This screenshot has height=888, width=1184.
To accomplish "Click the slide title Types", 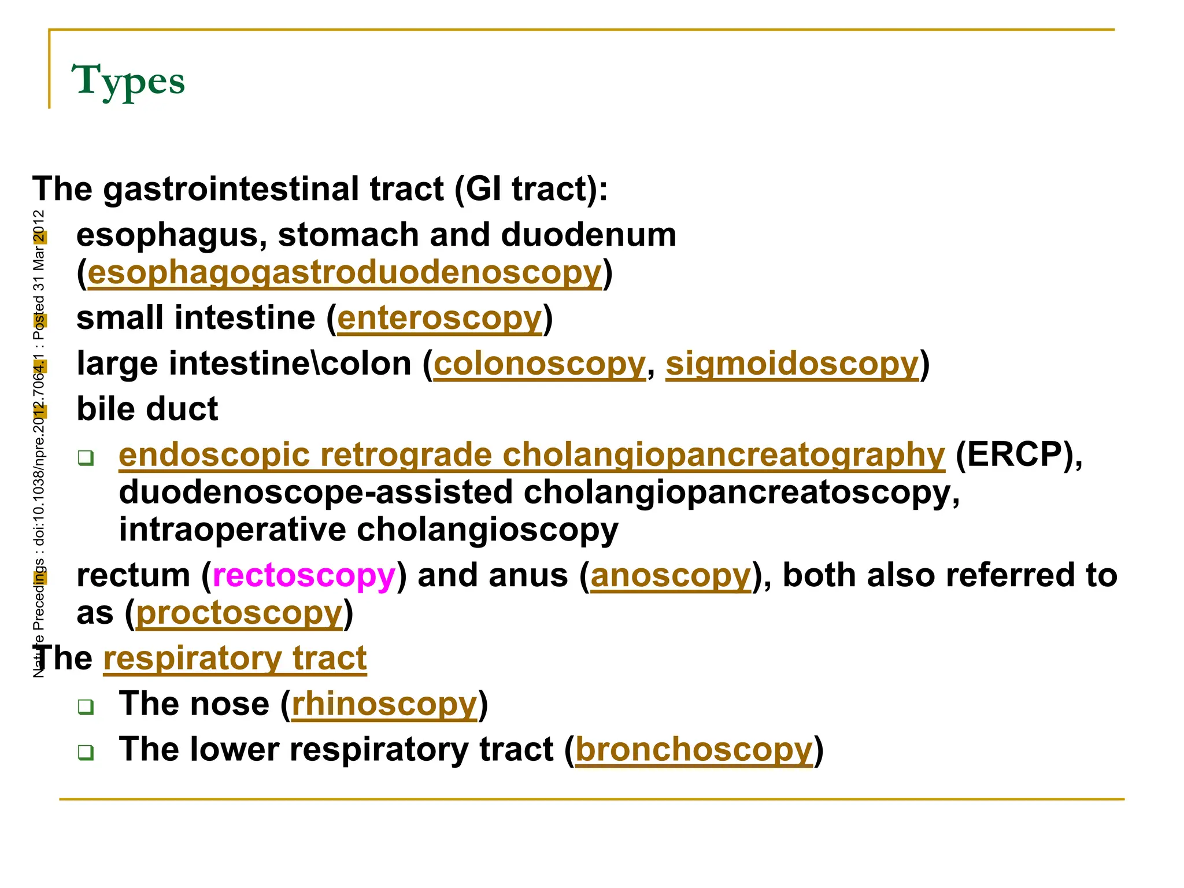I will [x=128, y=81].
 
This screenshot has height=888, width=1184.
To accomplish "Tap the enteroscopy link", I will [x=440, y=319].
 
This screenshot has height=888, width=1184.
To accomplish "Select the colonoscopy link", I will [x=539, y=364].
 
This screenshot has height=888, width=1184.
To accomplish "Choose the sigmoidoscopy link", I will [x=792, y=364].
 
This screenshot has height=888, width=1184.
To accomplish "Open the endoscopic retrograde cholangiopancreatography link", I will [x=532, y=455].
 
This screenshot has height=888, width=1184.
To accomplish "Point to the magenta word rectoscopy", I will [x=304, y=576].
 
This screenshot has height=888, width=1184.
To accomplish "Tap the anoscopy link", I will [x=671, y=576].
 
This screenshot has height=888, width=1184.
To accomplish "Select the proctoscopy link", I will [x=239, y=613].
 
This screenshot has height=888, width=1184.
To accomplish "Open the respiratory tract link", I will [x=235, y=658].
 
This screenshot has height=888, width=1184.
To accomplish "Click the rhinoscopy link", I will [x=384, y=704].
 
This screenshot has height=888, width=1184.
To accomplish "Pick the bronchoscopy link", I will [x=694, y=750].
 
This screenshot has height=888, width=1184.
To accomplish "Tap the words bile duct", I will [x=147, y=409].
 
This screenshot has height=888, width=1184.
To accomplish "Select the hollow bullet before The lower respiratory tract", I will [x=86, y=752].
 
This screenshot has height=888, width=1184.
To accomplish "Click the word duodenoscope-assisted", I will [x=316, y=493].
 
